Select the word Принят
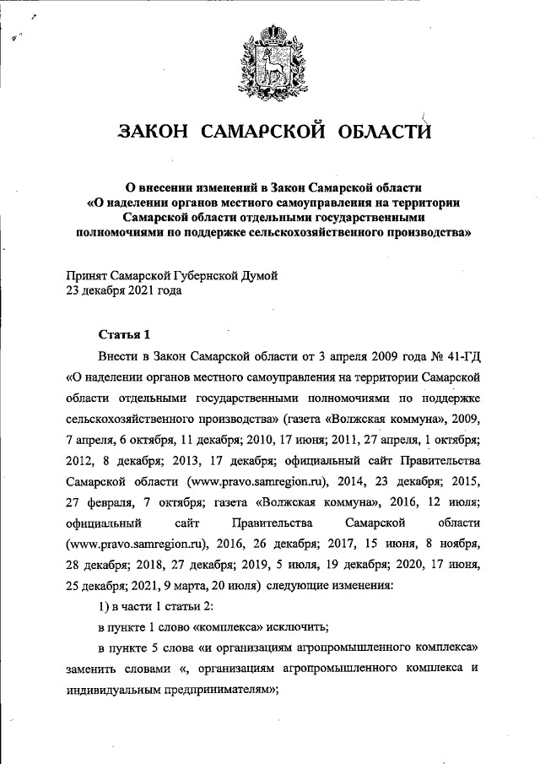(x=88, y=276)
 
